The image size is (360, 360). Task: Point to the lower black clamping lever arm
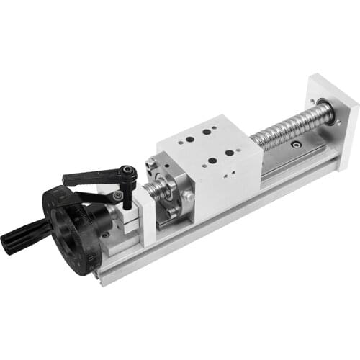(94, 196)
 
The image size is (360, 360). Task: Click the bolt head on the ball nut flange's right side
(189, 195)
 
